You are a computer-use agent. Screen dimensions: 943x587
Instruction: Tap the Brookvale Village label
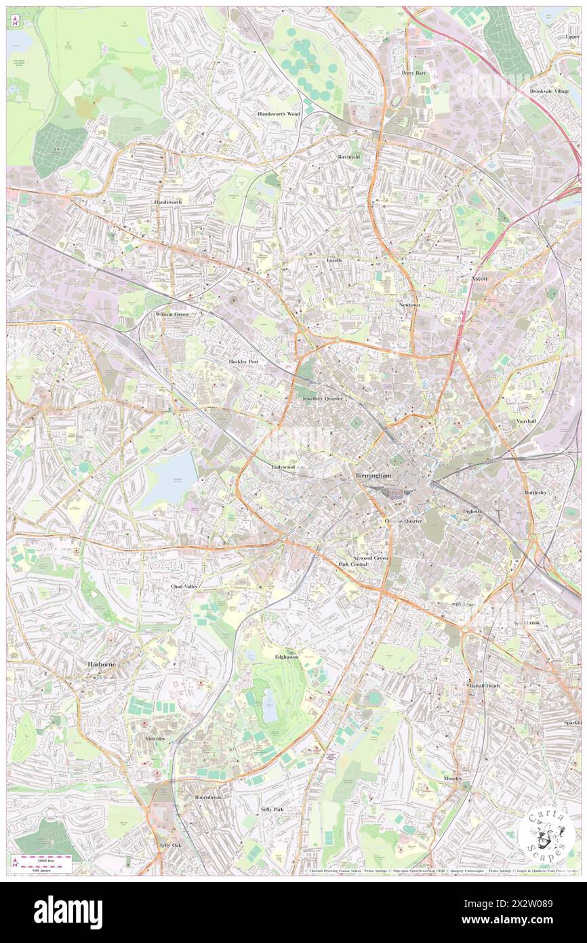(x=550, y=91)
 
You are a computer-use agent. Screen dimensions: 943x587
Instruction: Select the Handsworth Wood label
(x=279, y=114)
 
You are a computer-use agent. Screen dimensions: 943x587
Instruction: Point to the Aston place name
(x=480, y=279)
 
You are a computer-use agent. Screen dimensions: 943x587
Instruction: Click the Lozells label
(x=335, y=260)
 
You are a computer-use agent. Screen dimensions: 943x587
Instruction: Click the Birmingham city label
(x=373, y=476)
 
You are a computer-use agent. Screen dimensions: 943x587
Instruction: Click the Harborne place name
(x=102, y=664)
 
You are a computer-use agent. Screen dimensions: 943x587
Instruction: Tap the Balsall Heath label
(x=485, y=686)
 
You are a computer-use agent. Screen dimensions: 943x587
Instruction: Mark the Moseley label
(x=453, y=778)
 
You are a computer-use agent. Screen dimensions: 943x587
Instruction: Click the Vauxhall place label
(x=526, y=421)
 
